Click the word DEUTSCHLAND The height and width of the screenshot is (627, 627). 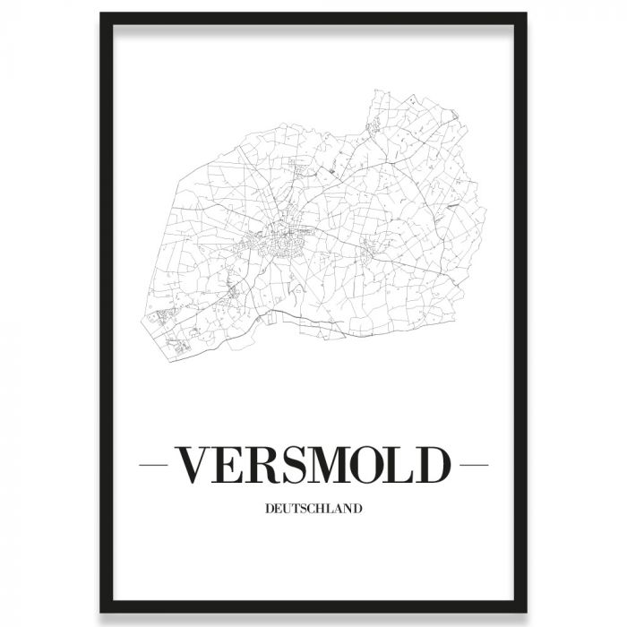point(313,509)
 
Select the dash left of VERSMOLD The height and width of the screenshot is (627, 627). point(159,466)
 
